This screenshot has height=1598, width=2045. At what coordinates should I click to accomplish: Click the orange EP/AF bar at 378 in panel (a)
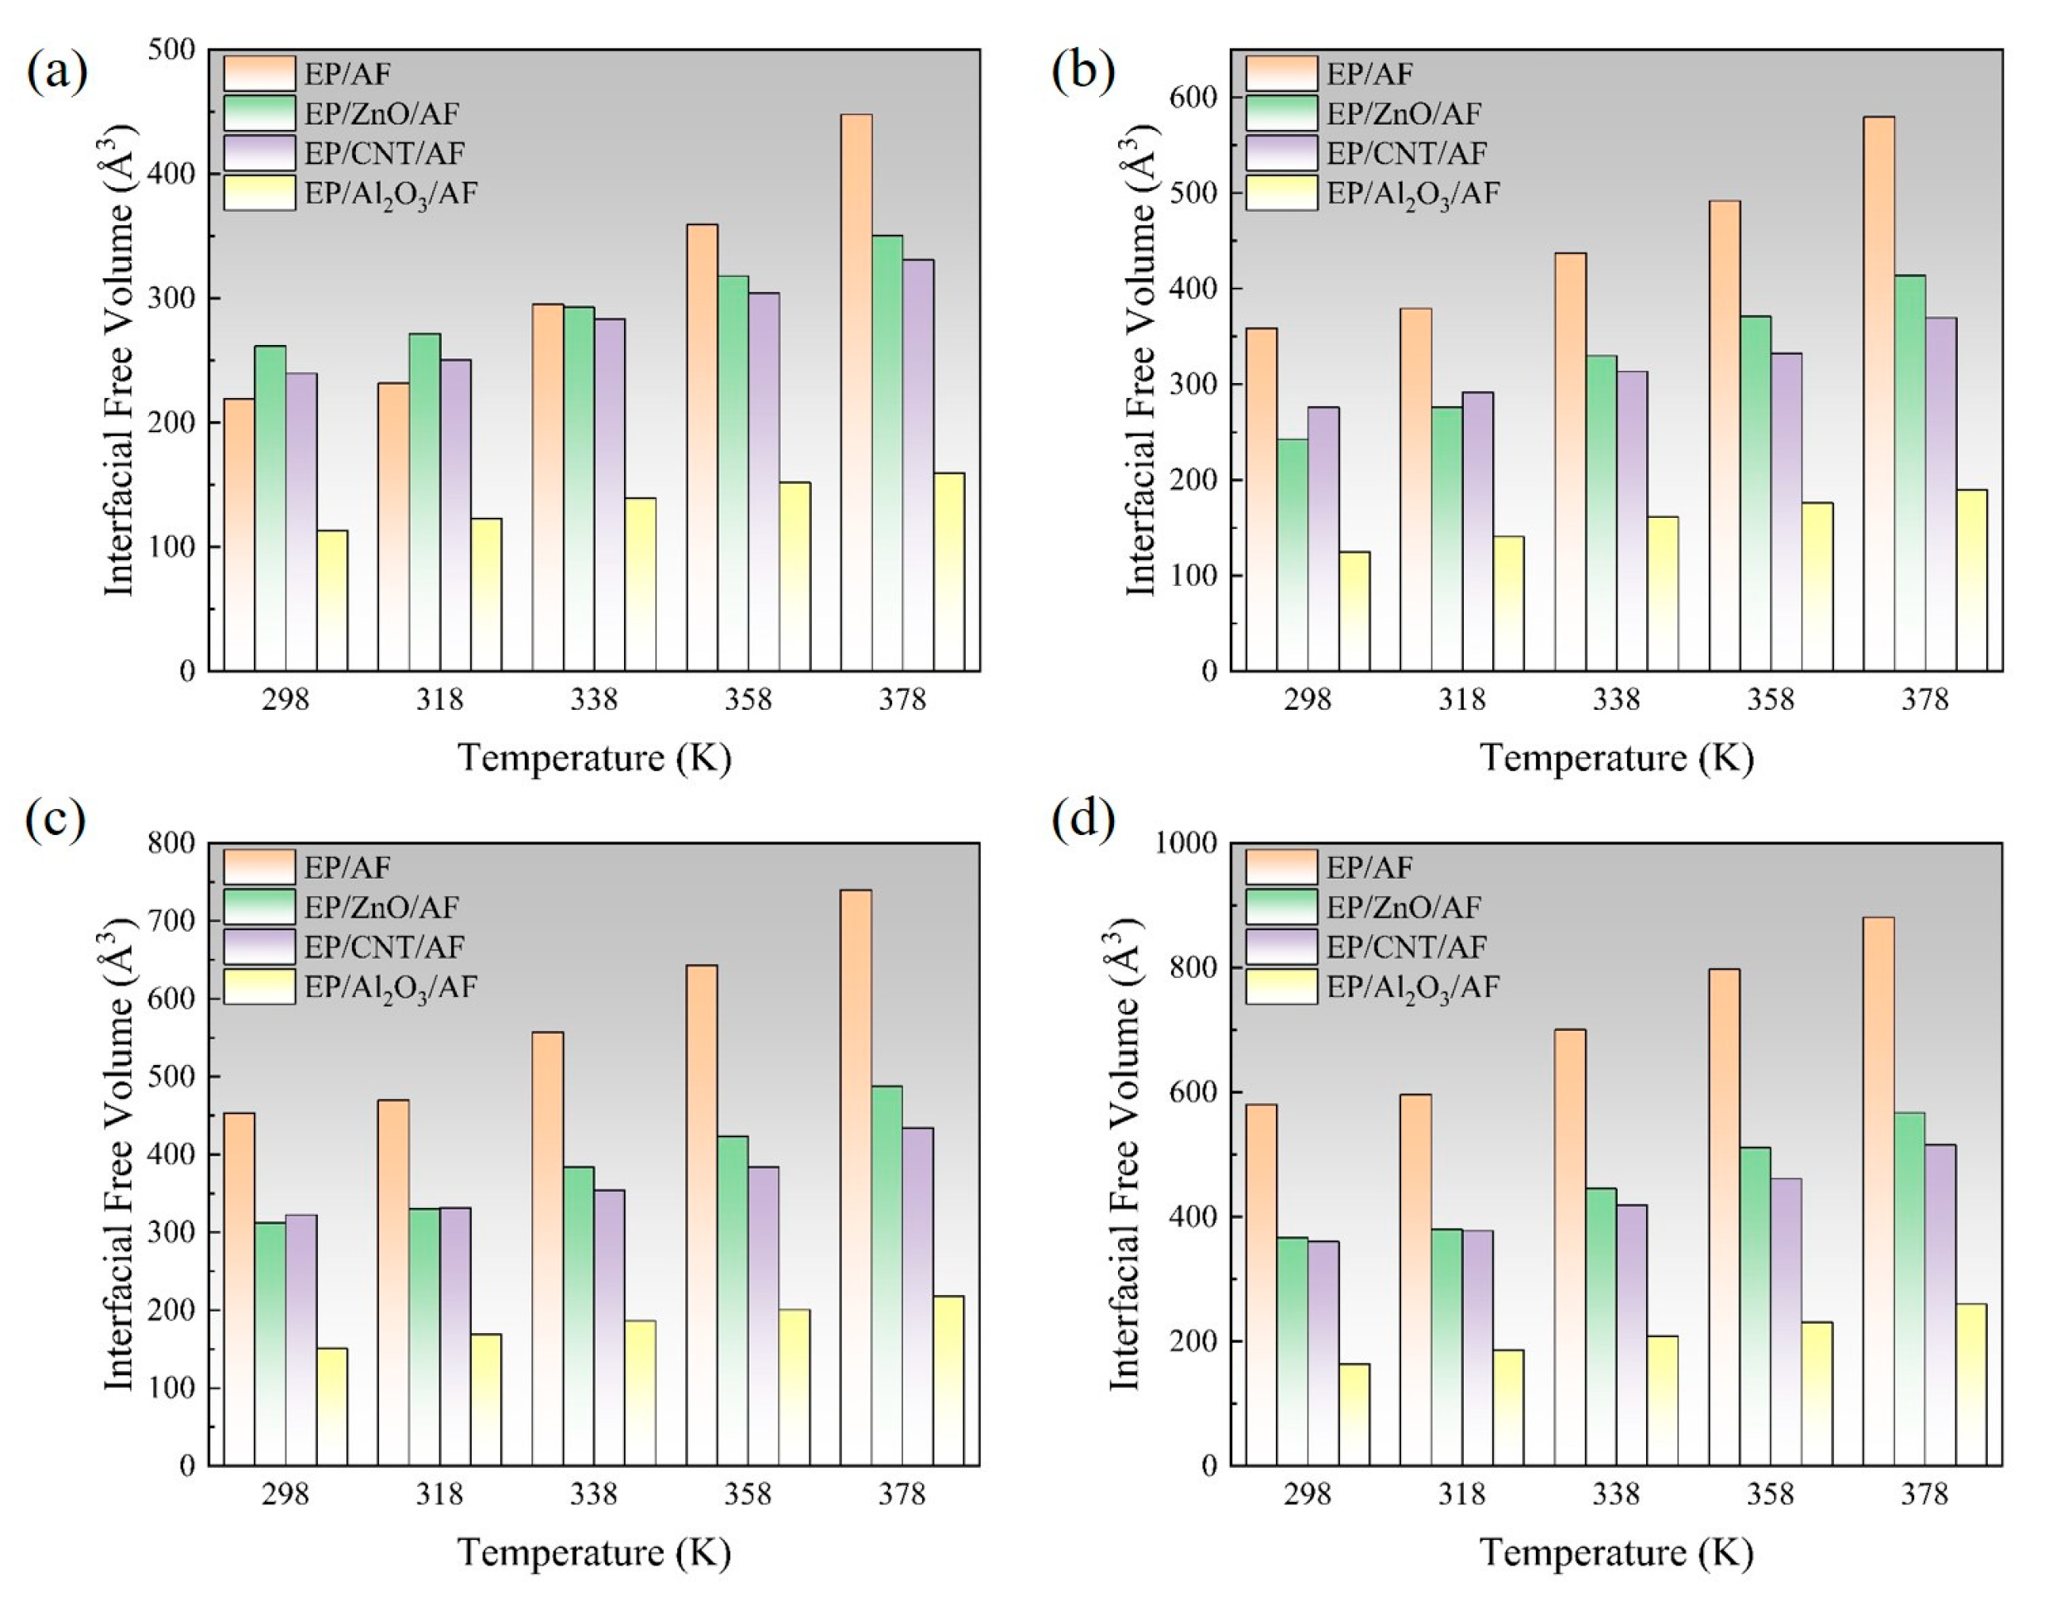(x=856, y=393)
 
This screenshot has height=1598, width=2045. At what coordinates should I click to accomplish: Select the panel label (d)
(x=1082, y=818)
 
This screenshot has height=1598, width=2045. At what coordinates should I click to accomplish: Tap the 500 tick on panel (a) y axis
(x=171, y=50)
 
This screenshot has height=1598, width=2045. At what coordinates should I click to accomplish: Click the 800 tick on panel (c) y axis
(x=171, y=843)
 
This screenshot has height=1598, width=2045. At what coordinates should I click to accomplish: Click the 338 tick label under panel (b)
(x=1616, y=699)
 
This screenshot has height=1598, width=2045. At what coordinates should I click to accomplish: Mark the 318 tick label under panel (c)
(x=439, y=1494)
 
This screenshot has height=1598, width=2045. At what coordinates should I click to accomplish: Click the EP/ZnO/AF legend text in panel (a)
(x=381, y=114)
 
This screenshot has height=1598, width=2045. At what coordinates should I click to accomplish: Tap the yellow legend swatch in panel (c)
(x=259, y=987)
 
